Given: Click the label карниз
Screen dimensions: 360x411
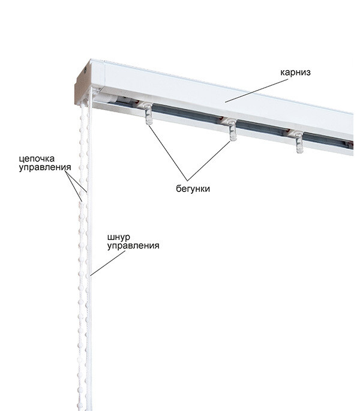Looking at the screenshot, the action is pos(295,72).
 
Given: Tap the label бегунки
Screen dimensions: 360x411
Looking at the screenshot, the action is pos(193,189).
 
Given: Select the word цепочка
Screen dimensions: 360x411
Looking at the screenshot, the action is pos(37,158).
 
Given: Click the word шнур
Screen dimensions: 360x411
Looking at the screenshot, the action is pos(119,238).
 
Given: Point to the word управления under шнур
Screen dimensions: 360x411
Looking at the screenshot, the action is pos(133,246).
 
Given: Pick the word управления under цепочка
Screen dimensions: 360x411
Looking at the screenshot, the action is pos(45,167).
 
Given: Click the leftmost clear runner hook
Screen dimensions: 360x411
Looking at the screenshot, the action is pos(148,113).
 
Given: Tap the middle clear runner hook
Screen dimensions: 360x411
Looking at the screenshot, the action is pos(232,130).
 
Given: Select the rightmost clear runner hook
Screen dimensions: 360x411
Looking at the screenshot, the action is pos(299,142).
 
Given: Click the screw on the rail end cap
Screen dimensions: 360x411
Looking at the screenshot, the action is pos(85,70).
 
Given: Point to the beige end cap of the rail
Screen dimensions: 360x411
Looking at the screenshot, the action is pos(83,84).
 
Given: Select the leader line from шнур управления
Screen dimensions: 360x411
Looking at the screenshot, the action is pos(107,263).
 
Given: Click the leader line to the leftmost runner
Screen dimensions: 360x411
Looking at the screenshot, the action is pos(168,152).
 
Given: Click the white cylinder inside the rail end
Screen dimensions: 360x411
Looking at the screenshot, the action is pos(107,98).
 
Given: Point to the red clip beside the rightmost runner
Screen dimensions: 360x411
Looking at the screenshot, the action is pos(289,131).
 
